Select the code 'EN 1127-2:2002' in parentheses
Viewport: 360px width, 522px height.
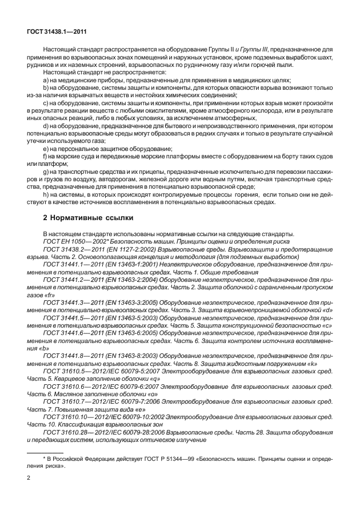coord(121,250)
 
